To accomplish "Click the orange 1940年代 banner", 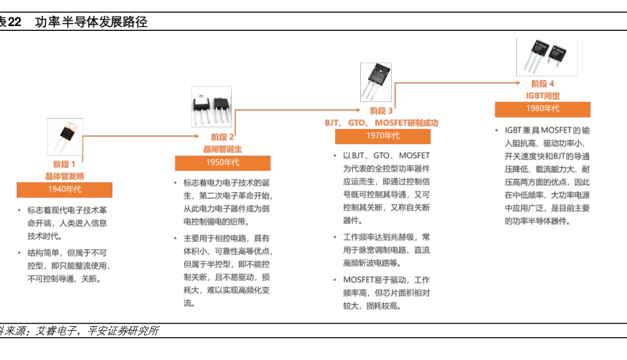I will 64,190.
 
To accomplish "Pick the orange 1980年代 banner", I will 542,108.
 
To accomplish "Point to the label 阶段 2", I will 222,137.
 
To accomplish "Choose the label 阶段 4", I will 542,83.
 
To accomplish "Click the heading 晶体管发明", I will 64,176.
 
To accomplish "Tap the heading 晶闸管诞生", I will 222,149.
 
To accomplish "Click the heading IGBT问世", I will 542,95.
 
